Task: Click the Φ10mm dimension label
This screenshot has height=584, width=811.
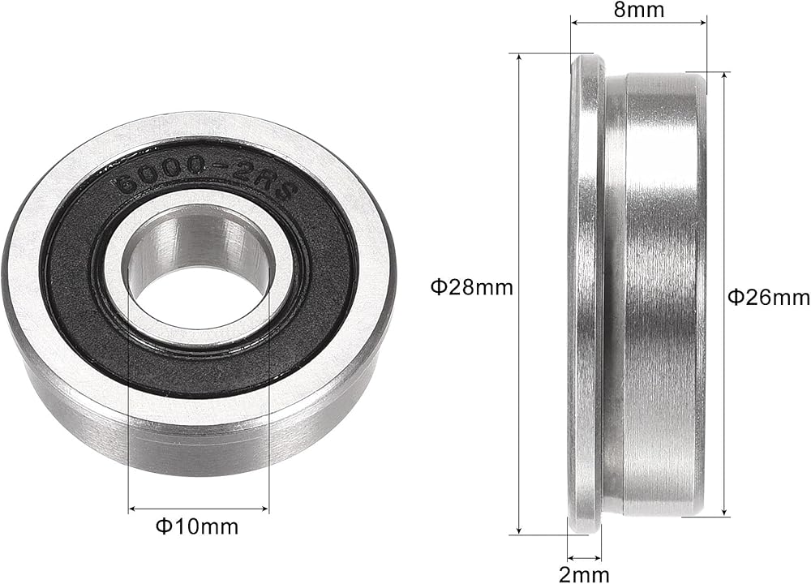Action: click(197, 526)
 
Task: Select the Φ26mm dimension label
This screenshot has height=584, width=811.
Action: click(769, 297)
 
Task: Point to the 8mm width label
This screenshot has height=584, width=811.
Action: click(639, 9)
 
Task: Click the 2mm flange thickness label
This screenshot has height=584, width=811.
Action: click(584, 574)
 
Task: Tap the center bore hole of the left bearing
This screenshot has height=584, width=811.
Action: click(200, 269)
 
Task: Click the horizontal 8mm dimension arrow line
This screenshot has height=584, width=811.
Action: click(638, 22)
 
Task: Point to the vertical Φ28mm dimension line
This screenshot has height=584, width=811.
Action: click(519, 294)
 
